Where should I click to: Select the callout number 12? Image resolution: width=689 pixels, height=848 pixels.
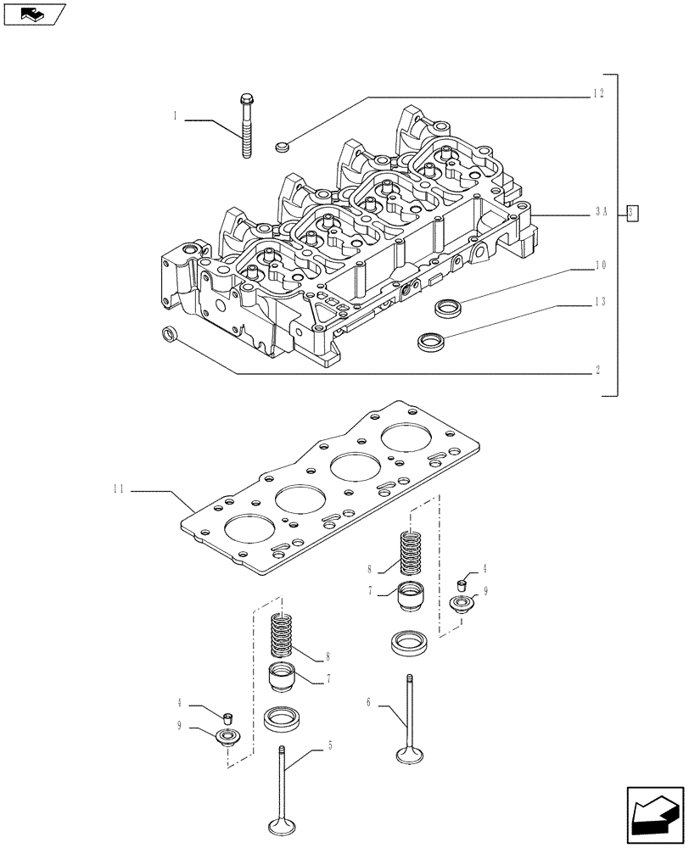(598, 94)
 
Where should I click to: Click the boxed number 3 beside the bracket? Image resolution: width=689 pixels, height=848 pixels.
(632, 213)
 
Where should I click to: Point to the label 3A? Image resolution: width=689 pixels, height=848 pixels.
(599, 215)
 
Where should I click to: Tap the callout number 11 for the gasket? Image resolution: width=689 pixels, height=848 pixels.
(118, 489)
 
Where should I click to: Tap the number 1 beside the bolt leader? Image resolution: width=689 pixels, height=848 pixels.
(175, 116)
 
